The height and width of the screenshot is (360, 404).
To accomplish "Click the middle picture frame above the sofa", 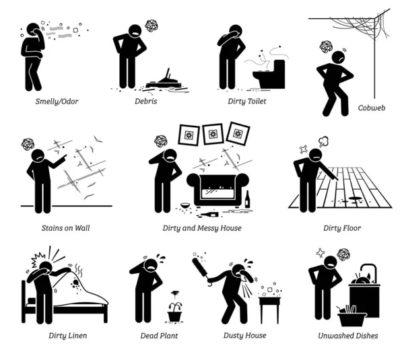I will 213,133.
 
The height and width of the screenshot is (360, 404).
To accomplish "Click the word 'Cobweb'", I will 372,107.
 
